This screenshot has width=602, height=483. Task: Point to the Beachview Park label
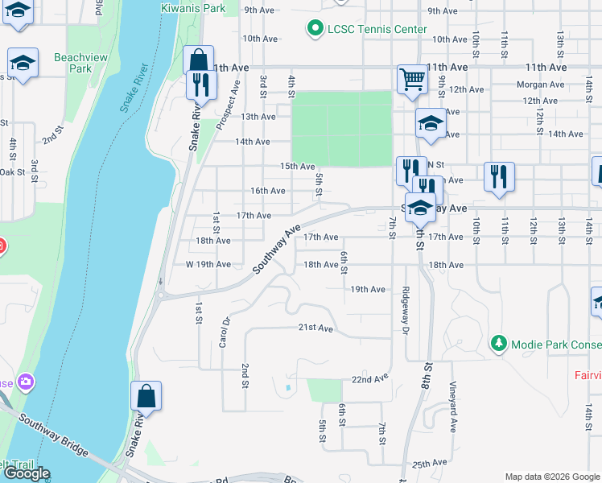[x=73, y=63]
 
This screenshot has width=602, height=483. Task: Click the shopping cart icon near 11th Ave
[x=411, y=79]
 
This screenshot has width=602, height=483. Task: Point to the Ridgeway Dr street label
[x=406, y=311]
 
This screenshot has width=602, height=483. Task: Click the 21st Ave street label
[x=315, y=328]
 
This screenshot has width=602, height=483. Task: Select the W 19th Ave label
[x=208, y=264]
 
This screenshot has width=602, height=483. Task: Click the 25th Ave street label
[x=429, y=464]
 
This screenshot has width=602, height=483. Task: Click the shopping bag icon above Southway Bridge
[x=146, y=396]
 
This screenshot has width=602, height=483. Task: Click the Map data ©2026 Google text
[x=552, y=477]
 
